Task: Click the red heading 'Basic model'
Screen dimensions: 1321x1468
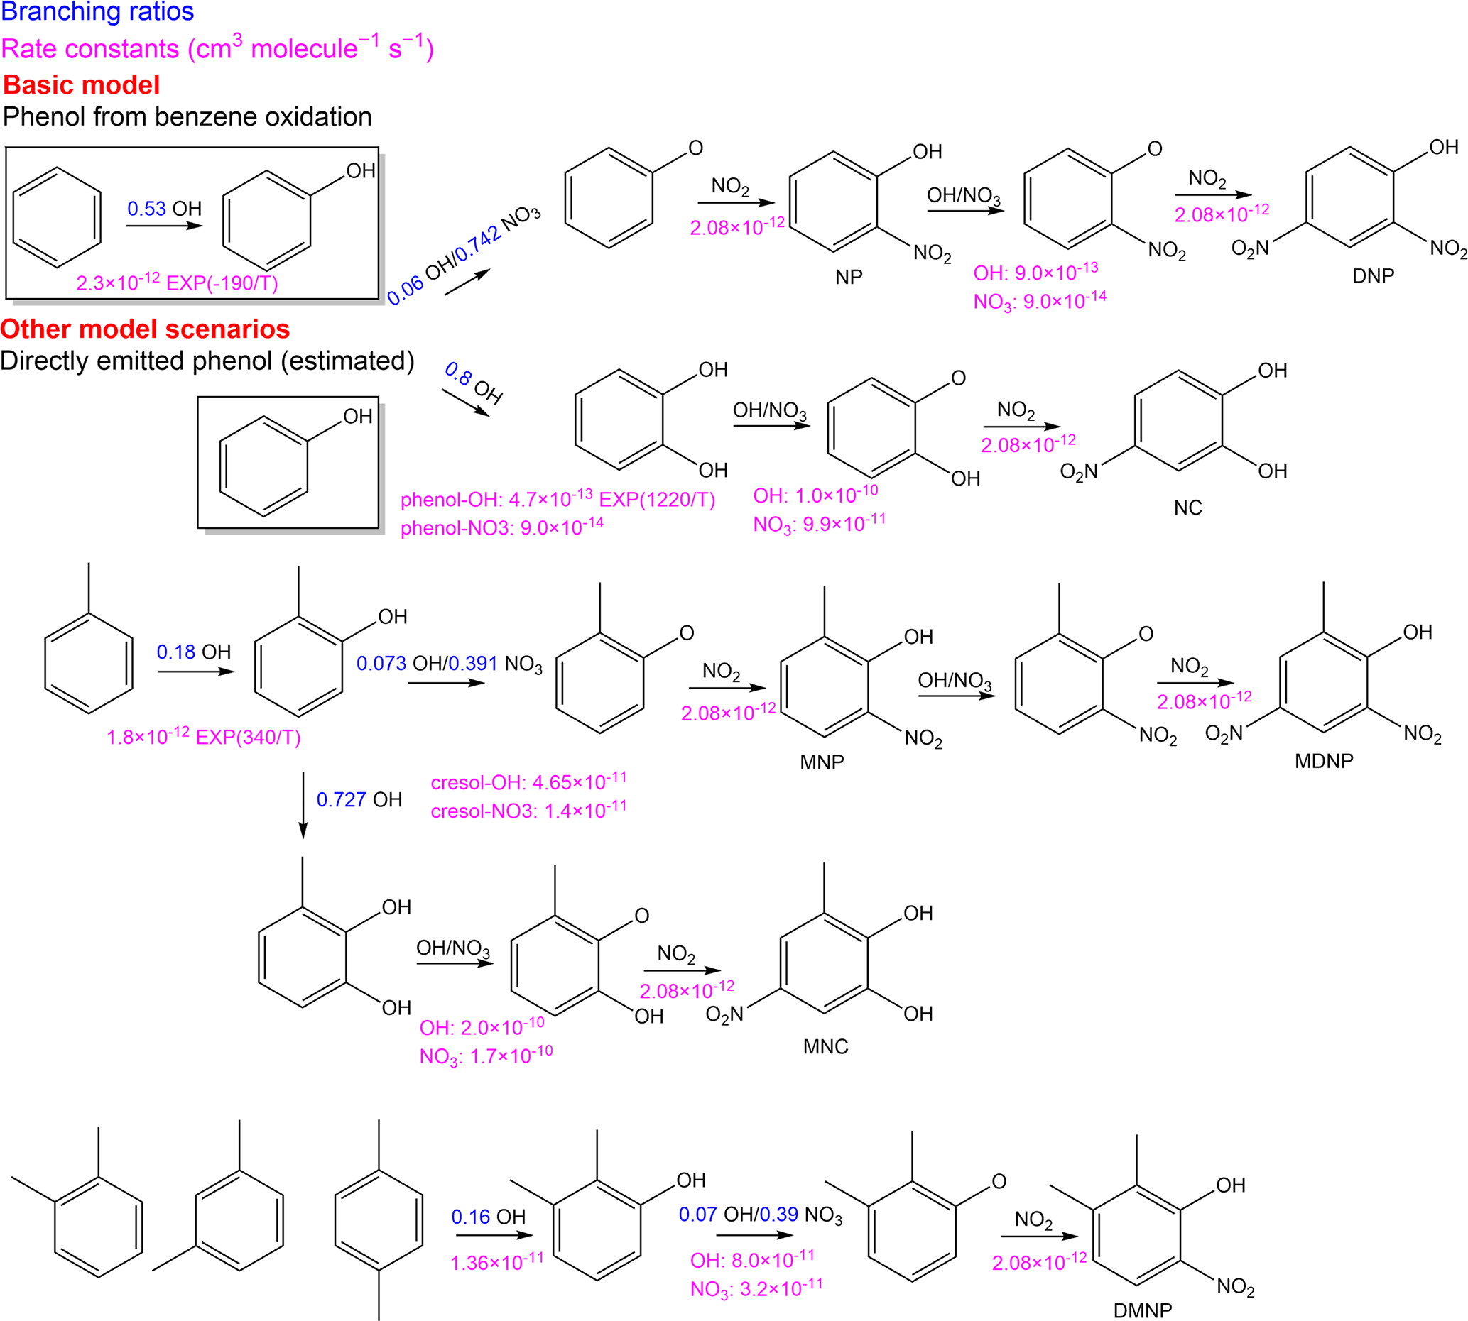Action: coord(81,85)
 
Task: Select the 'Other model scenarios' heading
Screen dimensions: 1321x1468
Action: coord(145,329)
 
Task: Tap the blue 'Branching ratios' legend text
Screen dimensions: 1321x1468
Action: coord(97,11)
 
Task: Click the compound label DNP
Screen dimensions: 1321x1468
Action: coord(1373,276)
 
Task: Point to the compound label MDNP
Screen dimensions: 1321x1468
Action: coord(1324,761)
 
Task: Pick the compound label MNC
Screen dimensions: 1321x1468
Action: coord(825,1046)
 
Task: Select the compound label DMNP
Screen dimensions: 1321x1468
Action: coord(1143,1310)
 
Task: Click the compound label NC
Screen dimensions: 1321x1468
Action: coord(1187,508)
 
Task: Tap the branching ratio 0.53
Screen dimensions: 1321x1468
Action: coord(146,209)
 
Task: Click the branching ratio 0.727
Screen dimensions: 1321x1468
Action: coord(341,799)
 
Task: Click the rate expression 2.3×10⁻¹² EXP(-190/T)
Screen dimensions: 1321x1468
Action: coord(177,283)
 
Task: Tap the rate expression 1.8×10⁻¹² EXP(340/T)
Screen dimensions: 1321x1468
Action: coord(203,737)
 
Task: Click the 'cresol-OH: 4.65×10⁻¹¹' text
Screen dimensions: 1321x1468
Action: coord(528,782)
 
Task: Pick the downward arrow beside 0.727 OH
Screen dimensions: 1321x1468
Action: coord(303,806)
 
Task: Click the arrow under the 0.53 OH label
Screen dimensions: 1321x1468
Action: coord(164,226)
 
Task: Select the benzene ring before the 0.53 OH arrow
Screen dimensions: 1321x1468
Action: coord(58,218)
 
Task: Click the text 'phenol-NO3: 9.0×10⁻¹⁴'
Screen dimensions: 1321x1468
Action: coord(501,527)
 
